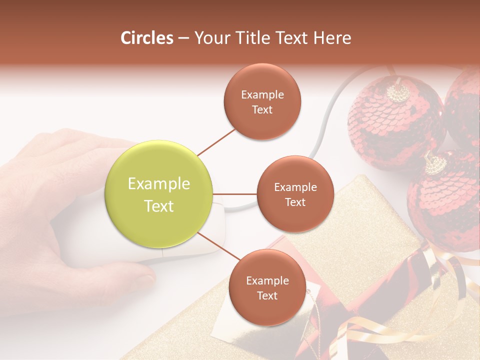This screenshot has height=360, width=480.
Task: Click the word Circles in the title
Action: point(146,38)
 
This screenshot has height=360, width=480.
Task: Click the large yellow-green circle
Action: point(159,194)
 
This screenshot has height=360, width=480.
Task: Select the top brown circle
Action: point(262,101)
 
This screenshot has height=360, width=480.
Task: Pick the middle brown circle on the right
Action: point(295,194)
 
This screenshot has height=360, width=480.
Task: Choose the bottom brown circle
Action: point(267,287)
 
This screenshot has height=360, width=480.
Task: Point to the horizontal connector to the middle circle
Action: point(235,194)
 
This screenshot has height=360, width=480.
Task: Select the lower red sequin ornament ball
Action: point(442,205)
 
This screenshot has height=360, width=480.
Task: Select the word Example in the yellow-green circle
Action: point(159,184)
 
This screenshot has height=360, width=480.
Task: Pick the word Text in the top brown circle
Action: point(262,109)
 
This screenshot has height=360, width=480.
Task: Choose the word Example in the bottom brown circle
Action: point(267,280)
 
